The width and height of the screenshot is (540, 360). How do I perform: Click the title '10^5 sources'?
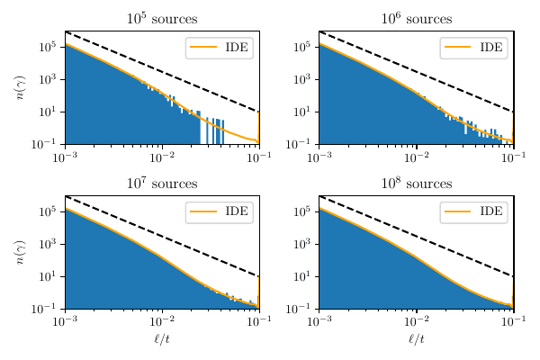tap(162, 19)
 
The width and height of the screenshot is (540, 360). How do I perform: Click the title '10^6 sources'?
tap(416, 19)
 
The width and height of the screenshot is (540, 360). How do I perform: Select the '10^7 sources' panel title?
tap(162, 184)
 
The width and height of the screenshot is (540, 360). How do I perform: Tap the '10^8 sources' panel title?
tap(416, 184)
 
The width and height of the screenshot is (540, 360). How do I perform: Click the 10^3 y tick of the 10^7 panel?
tap(49, 244)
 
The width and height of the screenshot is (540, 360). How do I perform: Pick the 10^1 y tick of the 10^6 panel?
tap(303, 112)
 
